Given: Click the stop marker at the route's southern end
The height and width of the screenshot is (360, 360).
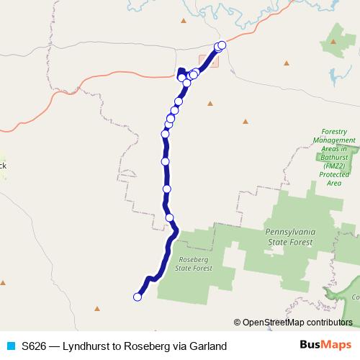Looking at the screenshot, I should coord(137,296).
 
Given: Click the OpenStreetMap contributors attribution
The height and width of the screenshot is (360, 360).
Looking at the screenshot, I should coord(297,322).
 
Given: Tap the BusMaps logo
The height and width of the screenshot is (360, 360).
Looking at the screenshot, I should coord(326,346).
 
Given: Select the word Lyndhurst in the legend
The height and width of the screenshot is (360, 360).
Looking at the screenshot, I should coord(88,346).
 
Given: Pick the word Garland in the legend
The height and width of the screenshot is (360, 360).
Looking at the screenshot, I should coord(207,346).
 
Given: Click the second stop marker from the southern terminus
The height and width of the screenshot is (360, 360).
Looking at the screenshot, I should coord(170,217).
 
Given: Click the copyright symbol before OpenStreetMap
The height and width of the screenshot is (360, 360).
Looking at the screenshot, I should coord(238,322).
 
